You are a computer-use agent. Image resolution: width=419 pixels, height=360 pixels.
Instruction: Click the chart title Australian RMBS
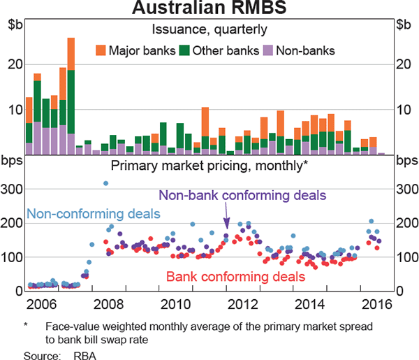coord(209,10)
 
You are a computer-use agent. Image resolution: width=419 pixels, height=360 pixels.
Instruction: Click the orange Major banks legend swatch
coord(100,50)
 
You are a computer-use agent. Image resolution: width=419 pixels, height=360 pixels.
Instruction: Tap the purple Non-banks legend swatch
coord(267,50)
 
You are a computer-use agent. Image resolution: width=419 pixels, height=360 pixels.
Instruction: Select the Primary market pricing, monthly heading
coord(209,166)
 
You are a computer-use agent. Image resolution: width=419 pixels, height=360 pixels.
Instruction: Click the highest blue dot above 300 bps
coord(105,184)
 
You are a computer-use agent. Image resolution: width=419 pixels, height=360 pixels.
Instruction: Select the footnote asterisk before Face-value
coord(26,326)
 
